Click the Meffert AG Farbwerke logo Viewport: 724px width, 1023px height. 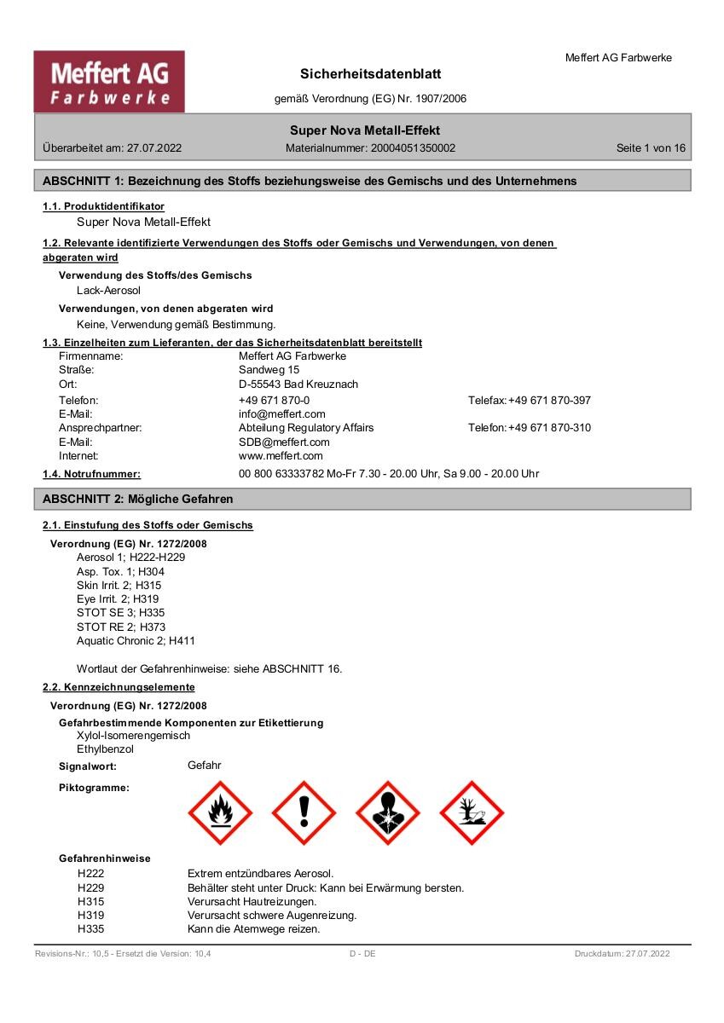point(109,82)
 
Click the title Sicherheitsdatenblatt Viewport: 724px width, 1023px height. point(370,74)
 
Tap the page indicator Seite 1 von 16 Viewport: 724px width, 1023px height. point(651,147)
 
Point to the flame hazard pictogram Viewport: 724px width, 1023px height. point(220,812)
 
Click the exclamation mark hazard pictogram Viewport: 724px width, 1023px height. point(304,812)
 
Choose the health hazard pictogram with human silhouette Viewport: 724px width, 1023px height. point(388,812)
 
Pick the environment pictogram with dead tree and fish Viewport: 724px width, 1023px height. point(472,812)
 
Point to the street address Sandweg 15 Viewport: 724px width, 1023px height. point(269,370)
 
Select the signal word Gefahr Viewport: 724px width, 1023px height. point(204,765)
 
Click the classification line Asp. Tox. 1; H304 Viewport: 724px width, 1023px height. point(120,571)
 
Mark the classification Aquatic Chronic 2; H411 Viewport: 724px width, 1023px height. point(136,640)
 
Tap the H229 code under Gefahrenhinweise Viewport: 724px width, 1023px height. point(90,887)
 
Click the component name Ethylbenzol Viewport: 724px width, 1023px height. point(105,748)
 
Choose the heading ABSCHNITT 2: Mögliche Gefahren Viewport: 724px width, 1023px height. point(137,499)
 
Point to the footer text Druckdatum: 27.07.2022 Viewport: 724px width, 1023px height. point(622,953)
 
